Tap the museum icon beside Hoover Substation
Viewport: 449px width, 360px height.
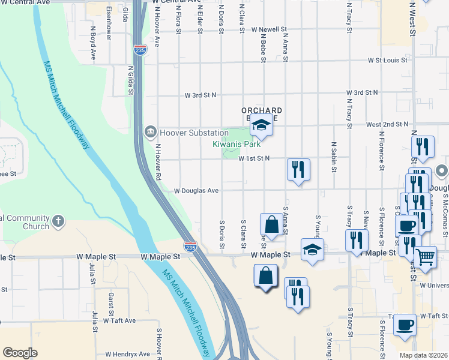point(149,131)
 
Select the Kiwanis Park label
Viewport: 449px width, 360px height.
point(237,144)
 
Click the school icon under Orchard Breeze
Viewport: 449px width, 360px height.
point(261,125)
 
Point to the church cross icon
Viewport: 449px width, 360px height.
point(58,221)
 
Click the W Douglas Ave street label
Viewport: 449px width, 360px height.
point(196,190)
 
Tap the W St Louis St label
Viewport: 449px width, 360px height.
point(388,60)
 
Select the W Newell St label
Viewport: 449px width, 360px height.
point(270,29)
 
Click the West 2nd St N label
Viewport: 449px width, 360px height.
point(387,124)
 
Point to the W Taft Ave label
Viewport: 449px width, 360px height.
point(119,320)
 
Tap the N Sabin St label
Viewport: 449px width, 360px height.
point(333,158)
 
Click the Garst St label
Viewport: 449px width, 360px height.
point(111,305)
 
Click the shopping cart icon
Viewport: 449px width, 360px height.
point(426,257)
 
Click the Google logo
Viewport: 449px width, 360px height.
point(20,353)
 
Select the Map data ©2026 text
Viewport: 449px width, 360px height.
point(423,355)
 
